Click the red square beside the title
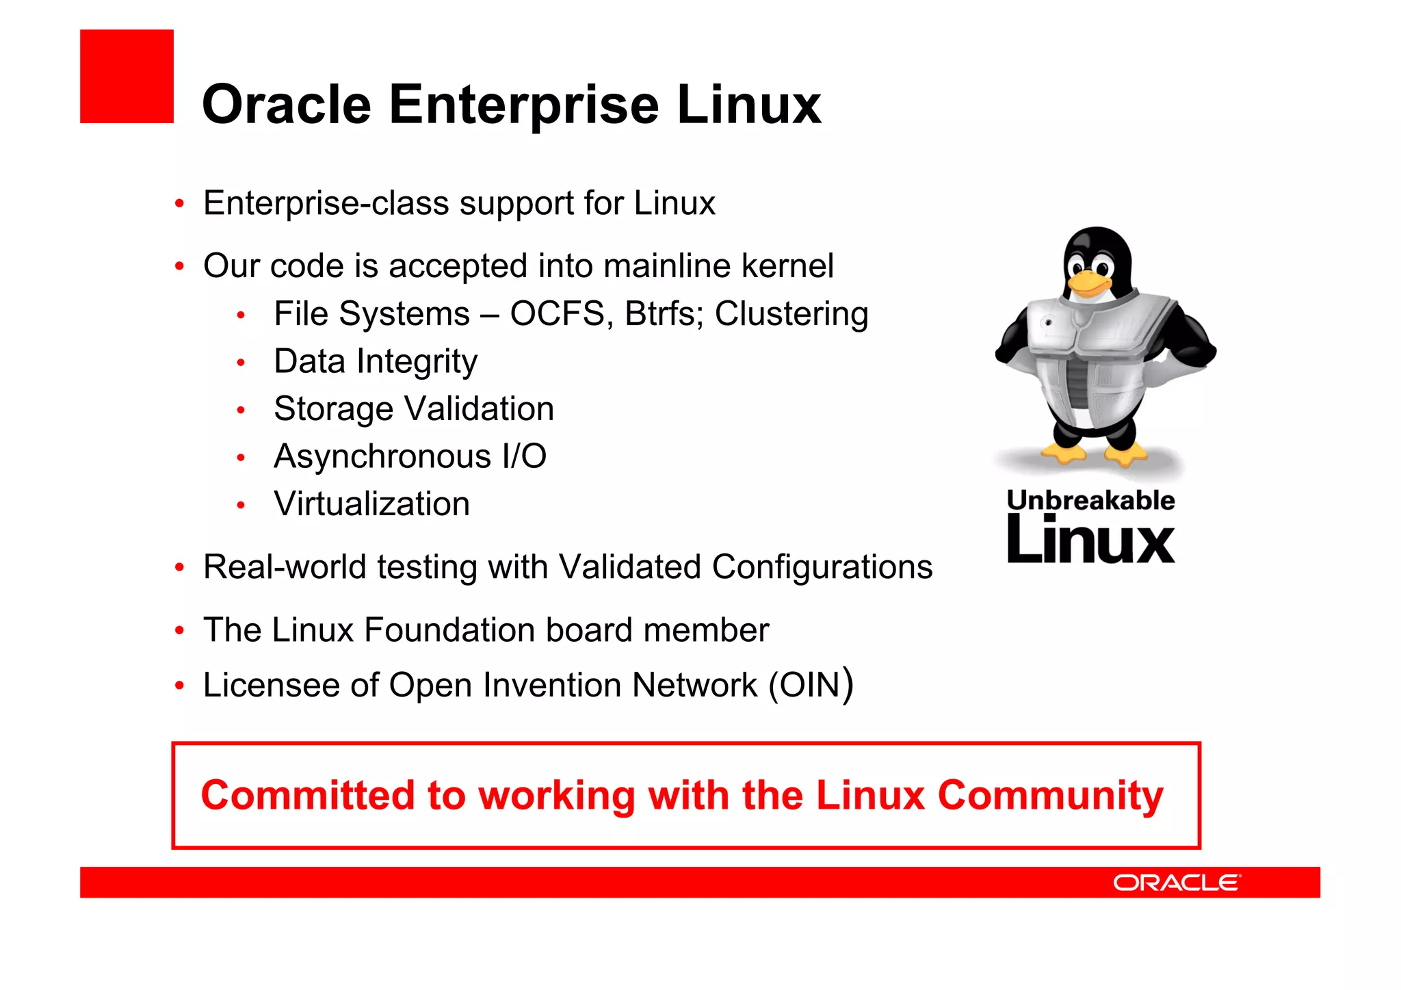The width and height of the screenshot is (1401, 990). tap(127, 76)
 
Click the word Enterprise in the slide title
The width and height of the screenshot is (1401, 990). tap(524, 105)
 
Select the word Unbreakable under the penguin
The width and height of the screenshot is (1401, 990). tap(1090, 500)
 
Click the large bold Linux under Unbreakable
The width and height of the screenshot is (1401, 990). tap(1090, 541)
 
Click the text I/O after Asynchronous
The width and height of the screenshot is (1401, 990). tap(524, 456)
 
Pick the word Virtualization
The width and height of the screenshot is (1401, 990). tap(371, 504)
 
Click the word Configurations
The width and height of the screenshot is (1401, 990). tap(822, 567)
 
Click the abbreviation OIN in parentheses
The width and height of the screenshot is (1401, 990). tap(809, 686)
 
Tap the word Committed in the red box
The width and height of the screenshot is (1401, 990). tap(308, 796)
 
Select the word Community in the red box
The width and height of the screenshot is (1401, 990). tap(1050, 796)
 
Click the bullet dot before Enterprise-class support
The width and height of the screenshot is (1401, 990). tap(179, 204)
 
